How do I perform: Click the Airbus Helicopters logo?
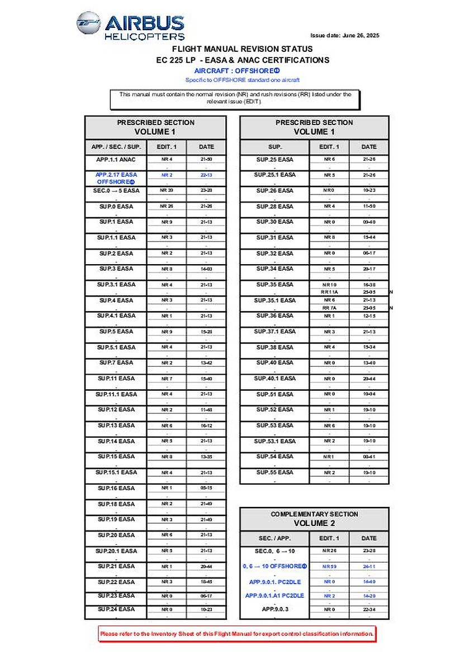click(131, 26)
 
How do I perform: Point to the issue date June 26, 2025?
click(344, 36)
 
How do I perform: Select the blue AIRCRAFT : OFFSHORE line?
click(236, 71)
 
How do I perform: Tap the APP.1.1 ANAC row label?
click(116, 160)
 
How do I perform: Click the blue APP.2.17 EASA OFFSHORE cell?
click(116, 178)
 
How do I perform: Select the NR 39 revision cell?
click(167, 191)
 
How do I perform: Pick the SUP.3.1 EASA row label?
click(116, 285)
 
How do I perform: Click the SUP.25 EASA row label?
click(274, 160)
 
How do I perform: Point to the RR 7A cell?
click(329, 308)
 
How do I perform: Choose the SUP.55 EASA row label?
click(274, 472)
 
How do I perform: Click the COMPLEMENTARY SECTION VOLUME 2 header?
click(314, 519)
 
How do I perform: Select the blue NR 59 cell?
click(329, 566)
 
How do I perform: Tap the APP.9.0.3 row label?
click(274, 609)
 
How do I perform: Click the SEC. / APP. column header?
click(274, 538)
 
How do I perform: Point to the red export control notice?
click(237, 634)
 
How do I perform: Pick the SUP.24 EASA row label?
click(116, 609)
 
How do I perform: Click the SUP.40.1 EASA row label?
click(274, 379)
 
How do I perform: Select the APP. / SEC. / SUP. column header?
click(116, 147)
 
